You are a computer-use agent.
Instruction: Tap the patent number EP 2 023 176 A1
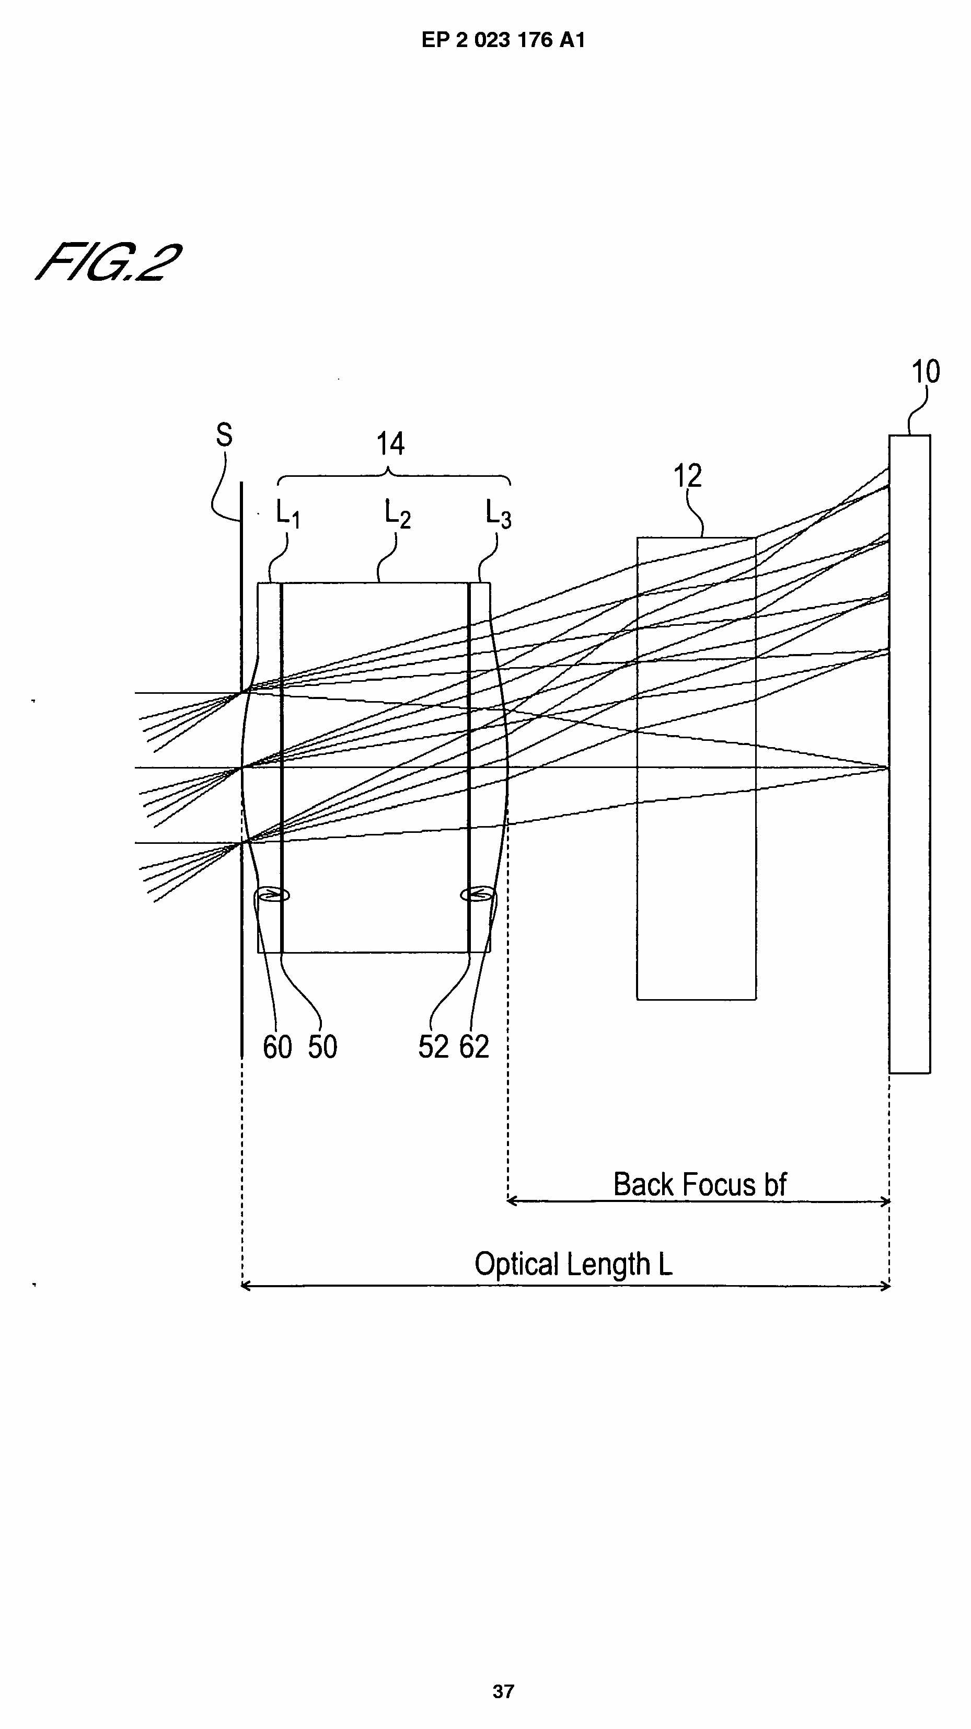[503, 40]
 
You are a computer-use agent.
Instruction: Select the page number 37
[503, 1691]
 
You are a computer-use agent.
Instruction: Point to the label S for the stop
[224, 435]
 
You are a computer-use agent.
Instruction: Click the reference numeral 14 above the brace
[390, 444]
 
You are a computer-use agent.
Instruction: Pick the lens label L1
[287, 514]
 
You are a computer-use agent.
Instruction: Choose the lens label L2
[397, 514]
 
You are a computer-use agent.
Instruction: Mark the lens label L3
[498, 514]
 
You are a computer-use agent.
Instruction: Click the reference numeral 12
[687, 476]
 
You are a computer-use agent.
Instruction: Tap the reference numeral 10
[926, 371]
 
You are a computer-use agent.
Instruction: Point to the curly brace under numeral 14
[394, 477]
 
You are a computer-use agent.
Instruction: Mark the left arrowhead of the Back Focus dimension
[511, 1201]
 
